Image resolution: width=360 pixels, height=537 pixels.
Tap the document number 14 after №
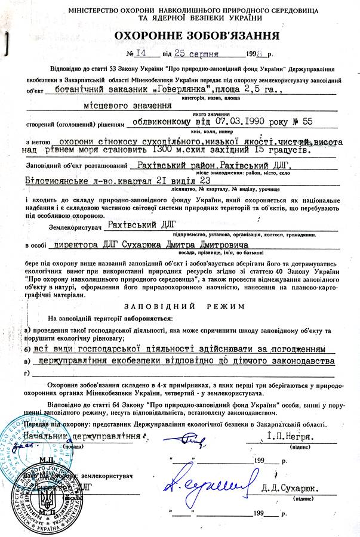(x=140, y=53)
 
